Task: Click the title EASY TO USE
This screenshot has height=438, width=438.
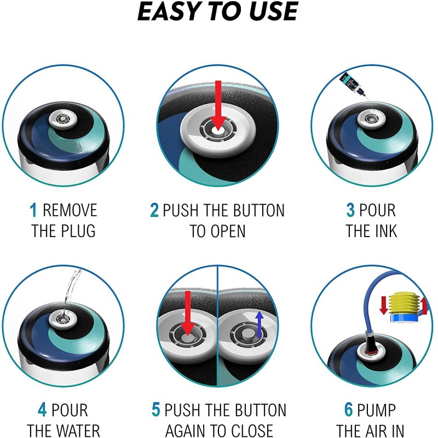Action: pos(217,11)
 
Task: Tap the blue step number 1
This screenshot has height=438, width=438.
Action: pos(33,210)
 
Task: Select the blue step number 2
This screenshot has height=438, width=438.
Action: pos(154,210)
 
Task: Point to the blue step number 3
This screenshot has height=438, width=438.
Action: pos(350,210)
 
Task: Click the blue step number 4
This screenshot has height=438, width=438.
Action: pos(42,410)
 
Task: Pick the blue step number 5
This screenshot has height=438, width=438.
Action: pos(156,410)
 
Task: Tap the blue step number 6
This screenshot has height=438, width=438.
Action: pos(349,410)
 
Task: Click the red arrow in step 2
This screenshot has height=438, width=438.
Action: pos(218,106)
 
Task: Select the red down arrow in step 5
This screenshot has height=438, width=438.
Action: pos(188,313)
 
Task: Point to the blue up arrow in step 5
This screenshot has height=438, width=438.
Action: pos(260,324)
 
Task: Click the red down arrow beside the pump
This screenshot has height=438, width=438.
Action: pos(383,305)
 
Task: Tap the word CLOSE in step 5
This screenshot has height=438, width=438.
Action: pos(252,430)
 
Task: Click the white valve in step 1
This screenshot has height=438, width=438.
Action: pos(63,120)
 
